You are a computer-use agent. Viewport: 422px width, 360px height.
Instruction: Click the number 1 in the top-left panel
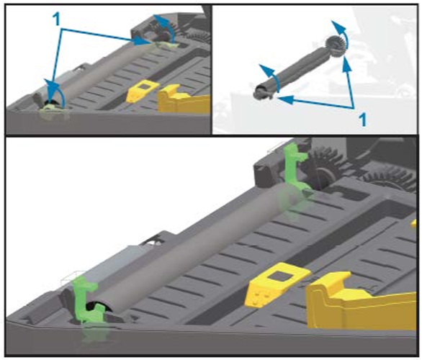(x=56, y=19)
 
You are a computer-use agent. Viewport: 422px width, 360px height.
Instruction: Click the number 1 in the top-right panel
(x=362, y=120)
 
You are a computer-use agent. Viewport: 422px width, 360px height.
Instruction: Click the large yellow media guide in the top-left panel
(x=183, y=99)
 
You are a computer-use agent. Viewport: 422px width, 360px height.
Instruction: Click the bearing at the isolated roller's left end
(x=261, y=92)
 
